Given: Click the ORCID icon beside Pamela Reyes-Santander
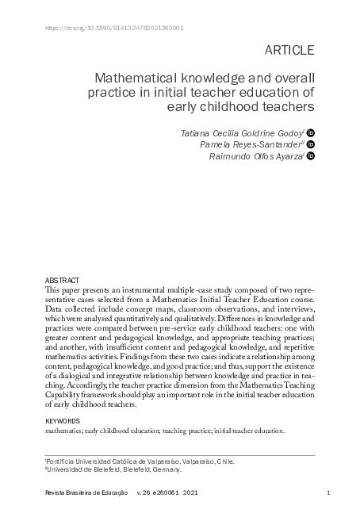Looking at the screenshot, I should pos(311,145).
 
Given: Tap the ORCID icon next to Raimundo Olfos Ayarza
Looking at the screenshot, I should pos(311,157).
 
